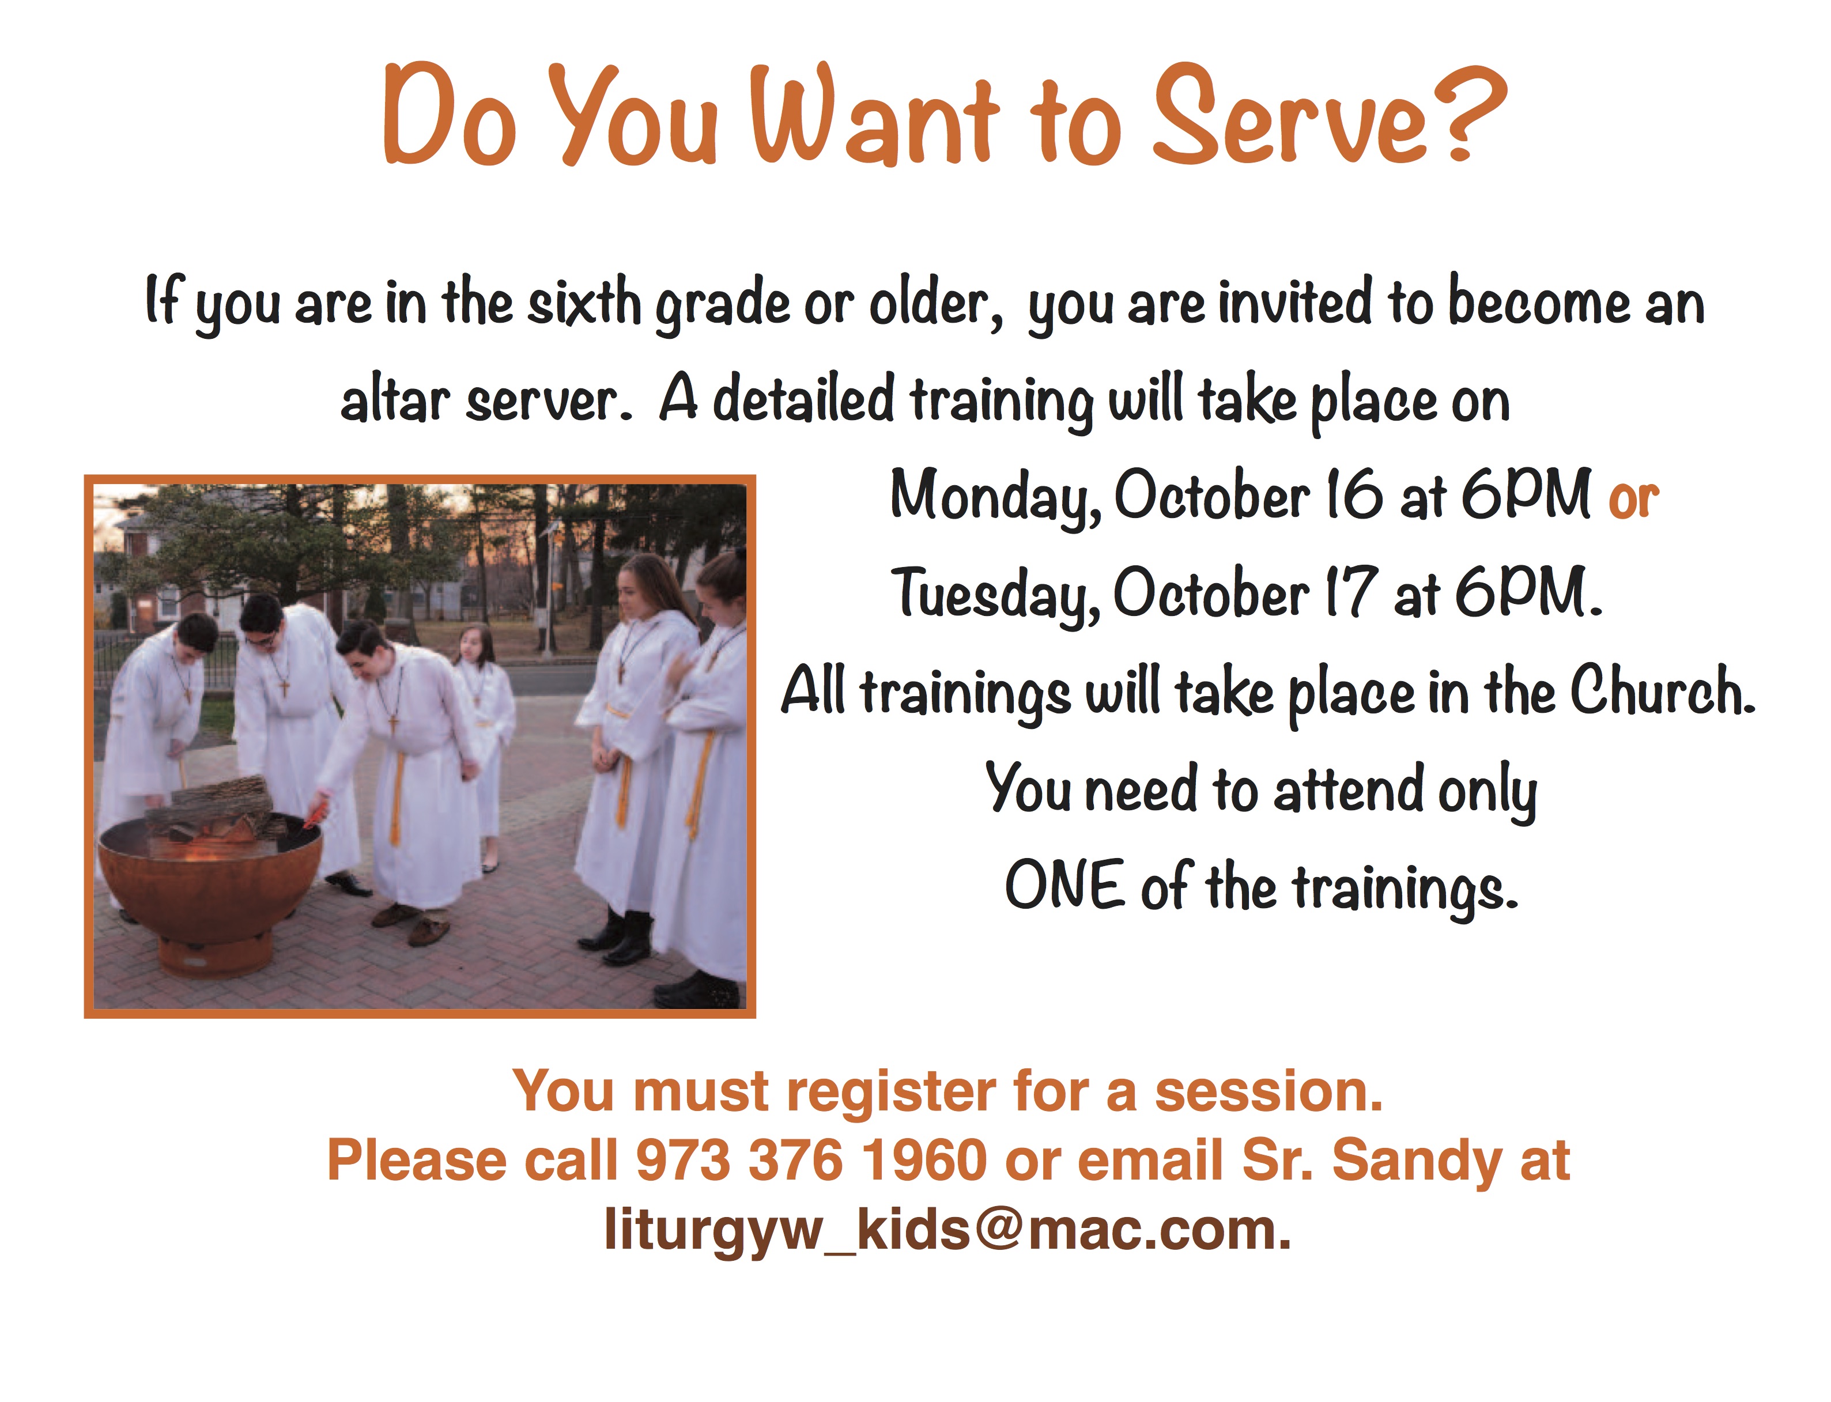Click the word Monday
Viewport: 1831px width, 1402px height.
coord(993,497)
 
